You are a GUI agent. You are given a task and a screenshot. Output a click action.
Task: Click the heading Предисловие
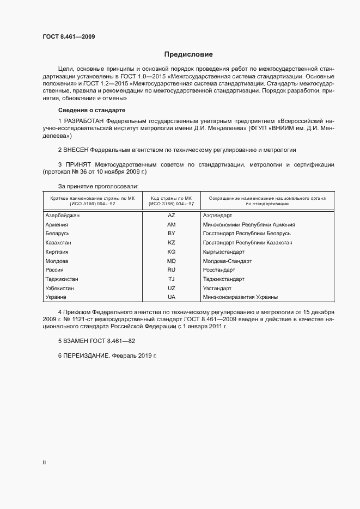188,54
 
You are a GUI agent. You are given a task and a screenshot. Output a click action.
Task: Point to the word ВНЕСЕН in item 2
76,149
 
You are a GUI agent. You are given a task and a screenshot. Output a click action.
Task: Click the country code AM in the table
171,224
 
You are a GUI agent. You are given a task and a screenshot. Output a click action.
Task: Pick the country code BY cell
171,234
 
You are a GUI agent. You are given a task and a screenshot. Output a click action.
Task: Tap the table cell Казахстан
58,242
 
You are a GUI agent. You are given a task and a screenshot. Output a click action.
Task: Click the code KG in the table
171,252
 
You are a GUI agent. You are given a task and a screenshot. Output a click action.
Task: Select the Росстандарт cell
218,270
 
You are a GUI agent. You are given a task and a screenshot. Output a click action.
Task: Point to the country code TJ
171,279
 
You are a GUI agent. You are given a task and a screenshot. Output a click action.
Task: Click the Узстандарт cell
217,288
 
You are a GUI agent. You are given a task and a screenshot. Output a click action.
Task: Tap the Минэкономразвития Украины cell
240,297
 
